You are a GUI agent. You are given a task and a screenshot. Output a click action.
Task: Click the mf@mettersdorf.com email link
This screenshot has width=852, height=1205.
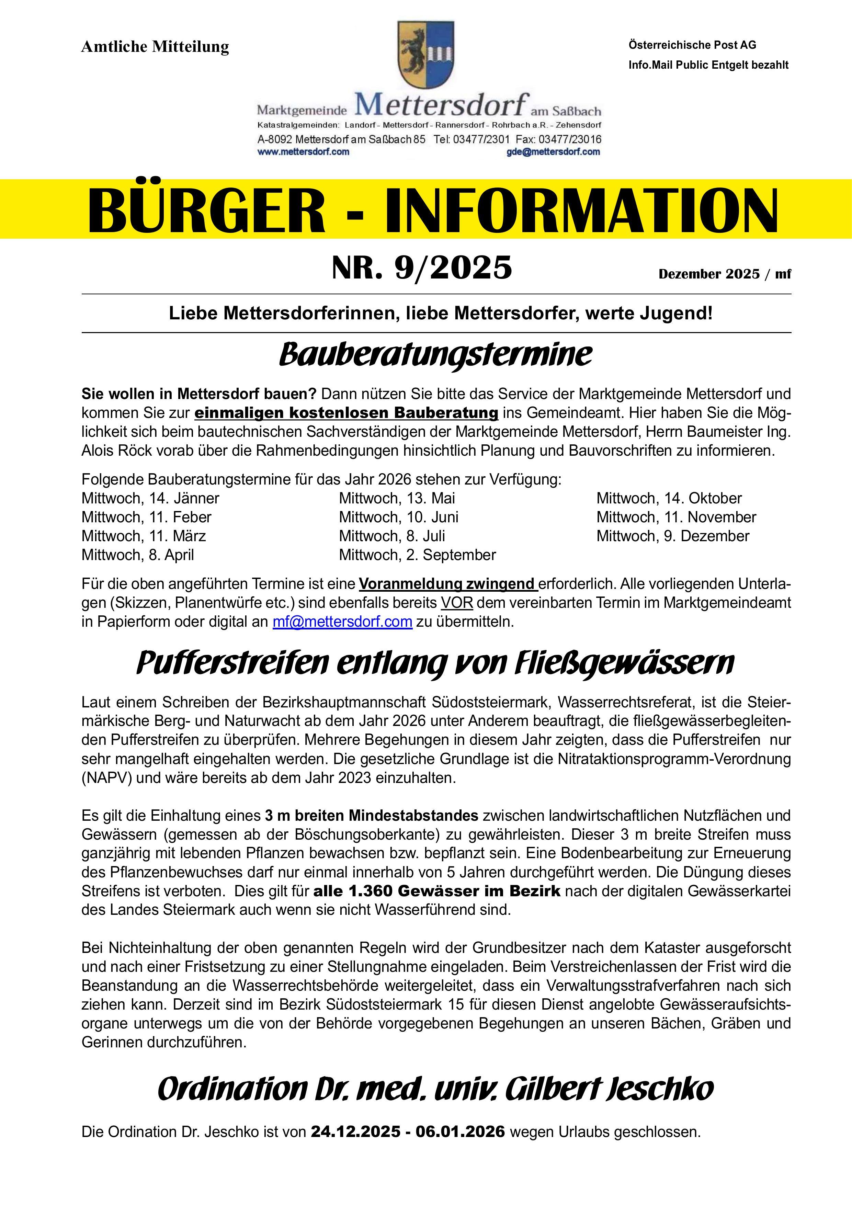click(x=342, y=622)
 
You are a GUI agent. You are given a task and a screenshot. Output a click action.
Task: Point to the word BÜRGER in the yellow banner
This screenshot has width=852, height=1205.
click(x=206, y=209)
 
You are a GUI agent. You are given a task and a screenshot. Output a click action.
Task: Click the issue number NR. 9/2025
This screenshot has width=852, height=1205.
click(x=422, y=268)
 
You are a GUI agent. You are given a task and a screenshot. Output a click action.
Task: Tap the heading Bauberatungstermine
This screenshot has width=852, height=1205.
click(x=435, y=355)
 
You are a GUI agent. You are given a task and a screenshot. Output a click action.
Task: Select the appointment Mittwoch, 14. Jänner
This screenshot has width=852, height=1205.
click(x=150, y=498)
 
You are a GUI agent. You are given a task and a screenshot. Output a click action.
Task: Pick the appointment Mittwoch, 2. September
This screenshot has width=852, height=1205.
click(x=417, y=555)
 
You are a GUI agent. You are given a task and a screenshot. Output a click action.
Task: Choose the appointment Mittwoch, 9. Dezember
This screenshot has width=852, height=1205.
click(x=672, y=536)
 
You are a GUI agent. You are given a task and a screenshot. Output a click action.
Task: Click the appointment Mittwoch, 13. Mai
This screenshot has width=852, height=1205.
click(x=397, y=498)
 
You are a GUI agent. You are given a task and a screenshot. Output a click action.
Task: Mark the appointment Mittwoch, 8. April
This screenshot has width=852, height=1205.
click(x=138, y=555)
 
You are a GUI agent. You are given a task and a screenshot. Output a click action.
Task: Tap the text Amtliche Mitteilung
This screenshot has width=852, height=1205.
click(x=155, y=47)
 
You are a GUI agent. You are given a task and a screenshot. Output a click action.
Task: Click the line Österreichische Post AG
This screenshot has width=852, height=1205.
click(x=692, y=45)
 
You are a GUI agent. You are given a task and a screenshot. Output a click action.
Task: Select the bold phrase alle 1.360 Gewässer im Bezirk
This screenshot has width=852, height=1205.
click(x=437, y=891)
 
